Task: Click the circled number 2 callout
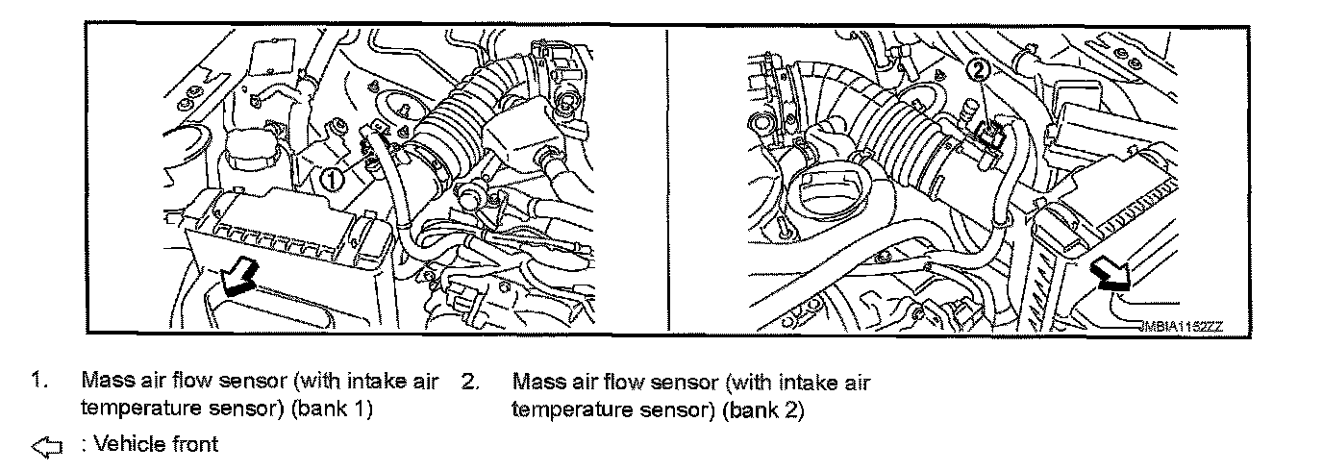[976, 69]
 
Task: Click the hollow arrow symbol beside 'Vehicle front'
[46, 445]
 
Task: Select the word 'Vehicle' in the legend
[122, 444]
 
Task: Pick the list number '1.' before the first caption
[38, 382]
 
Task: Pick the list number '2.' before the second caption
[469, 382]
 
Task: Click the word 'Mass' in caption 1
[103, 382]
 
